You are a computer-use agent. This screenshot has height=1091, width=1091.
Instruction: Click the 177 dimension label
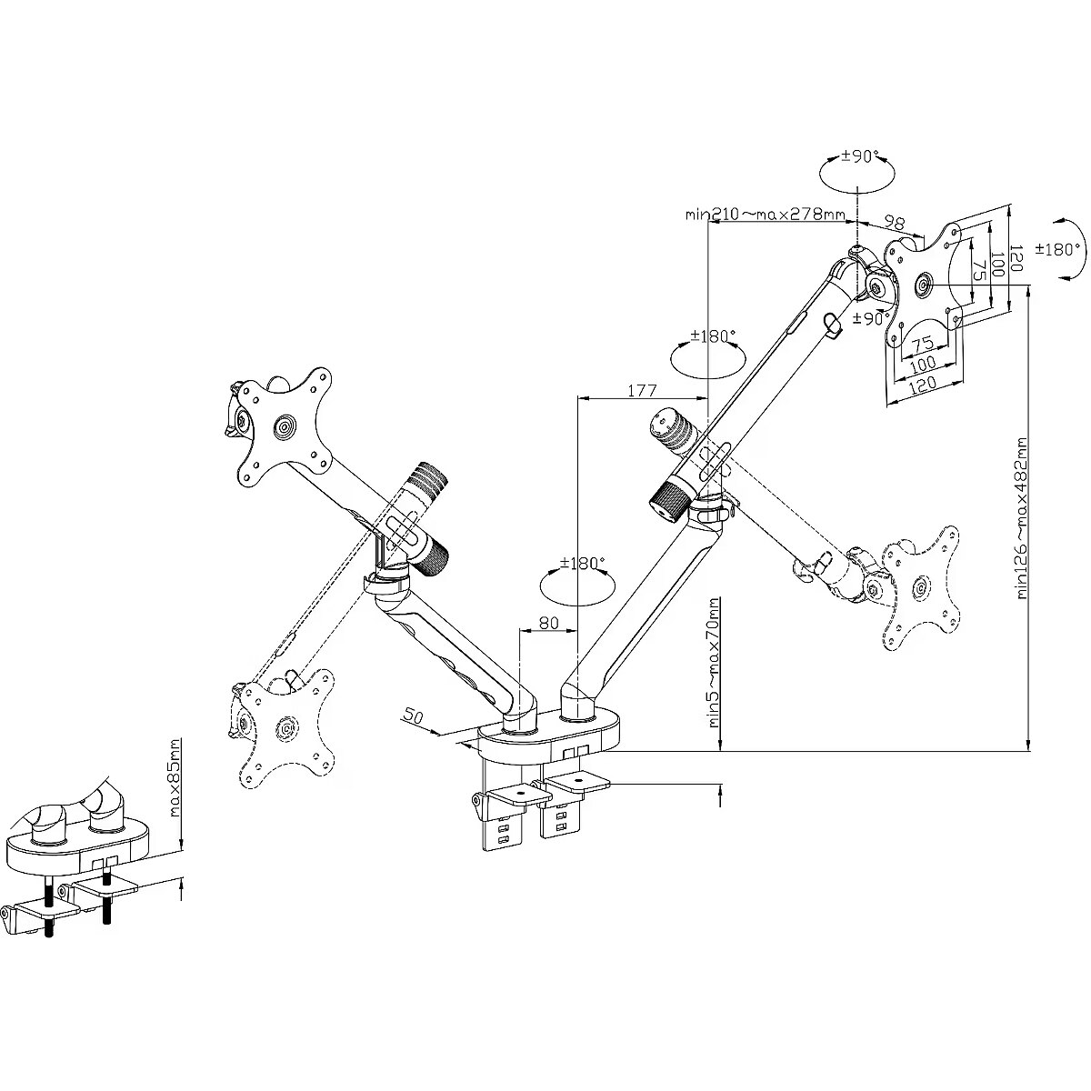642,391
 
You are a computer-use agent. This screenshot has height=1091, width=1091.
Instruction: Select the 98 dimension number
895,223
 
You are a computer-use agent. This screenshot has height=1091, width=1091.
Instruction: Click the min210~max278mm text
766,215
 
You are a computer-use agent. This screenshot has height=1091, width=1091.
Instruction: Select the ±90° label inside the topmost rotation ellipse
858,156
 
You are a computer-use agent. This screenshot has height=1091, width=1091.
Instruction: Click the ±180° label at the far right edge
1064,248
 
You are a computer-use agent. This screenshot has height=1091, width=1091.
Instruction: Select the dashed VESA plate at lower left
285,726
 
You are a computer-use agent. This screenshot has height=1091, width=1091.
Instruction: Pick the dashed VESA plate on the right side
921,588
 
